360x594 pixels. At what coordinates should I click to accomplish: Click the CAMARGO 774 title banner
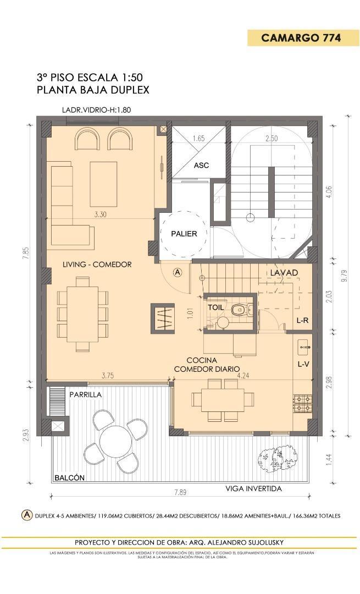[301, 38]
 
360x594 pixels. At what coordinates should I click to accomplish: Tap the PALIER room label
[184, 233]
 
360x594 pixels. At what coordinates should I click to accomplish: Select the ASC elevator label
[201, 165]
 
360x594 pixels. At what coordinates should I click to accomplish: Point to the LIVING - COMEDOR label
[97, 265]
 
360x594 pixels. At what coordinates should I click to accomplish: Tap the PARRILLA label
[85, 394]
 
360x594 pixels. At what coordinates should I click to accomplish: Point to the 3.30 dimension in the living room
[100, 215]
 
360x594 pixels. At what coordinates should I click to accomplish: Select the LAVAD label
[284, 273]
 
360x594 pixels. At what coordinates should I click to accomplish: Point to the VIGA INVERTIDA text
[254, 488]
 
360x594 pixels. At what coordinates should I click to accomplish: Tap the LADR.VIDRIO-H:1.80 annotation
[96, 109]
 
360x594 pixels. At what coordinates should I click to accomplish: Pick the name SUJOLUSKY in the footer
[261, 542]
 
